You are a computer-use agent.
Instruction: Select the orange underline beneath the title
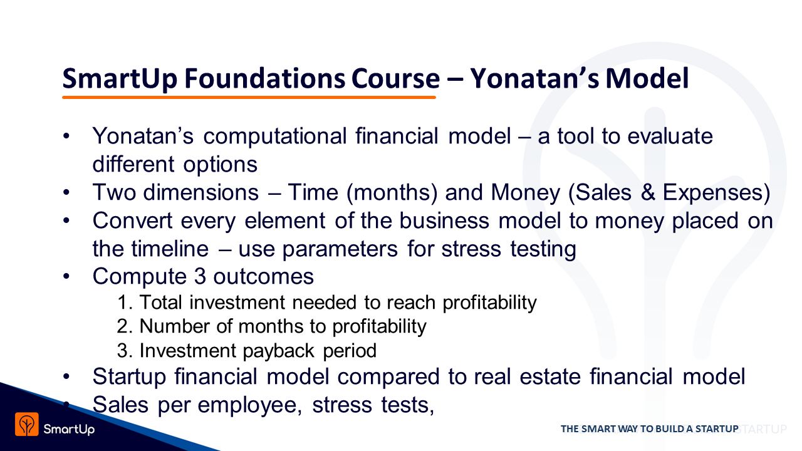249,97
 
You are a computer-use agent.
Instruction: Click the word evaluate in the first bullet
670,136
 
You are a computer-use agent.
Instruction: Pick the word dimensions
201,192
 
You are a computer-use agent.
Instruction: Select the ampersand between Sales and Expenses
648,192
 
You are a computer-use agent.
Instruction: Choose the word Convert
132,220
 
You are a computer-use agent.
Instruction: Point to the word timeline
170,249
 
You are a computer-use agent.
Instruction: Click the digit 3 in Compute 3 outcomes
200,276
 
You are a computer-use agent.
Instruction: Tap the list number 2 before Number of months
122,326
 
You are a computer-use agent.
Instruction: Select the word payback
279,351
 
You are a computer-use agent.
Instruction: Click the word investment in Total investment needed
237,303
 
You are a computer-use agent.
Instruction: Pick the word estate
550,377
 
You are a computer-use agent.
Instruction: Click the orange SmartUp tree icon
27,424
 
